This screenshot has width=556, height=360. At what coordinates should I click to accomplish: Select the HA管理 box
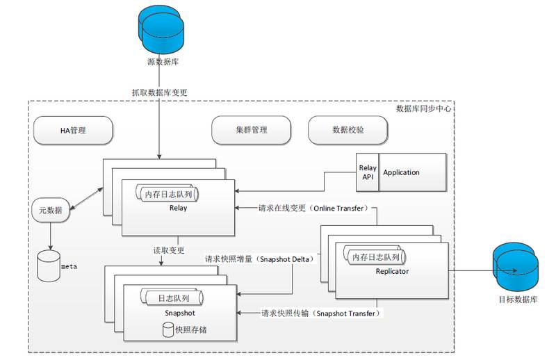(73, 130)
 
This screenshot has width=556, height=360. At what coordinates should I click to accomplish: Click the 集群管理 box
(251, 130)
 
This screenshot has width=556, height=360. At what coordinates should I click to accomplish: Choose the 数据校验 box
(349, 130)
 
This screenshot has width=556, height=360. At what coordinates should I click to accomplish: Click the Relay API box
(367, 172)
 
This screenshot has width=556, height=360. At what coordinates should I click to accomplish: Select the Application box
(411, 172)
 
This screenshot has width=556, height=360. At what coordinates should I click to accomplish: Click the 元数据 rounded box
(51, 211)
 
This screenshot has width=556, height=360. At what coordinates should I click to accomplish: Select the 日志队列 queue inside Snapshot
(170, 297)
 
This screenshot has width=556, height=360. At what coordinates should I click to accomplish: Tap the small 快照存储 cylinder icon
(167, 330)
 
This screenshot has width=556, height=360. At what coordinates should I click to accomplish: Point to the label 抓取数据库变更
(159, 92)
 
